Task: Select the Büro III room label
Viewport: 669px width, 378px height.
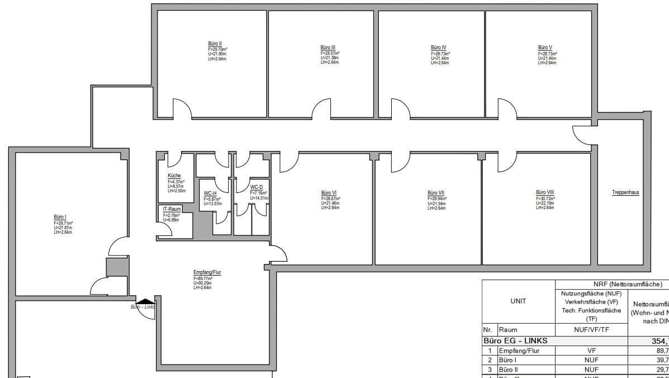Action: pyautogui.click(x=328, y=48)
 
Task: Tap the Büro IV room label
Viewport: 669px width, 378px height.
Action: pyautogui.click(x=438, y=48)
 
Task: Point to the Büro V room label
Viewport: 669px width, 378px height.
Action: pyautogui.click(x=545, y=48)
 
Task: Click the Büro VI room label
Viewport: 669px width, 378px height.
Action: pyautogui.click(x=329, y=192)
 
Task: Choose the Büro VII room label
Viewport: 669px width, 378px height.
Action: pyautogui.click(x=436, y=192)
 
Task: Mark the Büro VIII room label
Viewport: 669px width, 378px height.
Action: pyautogui.click(x=544, y=192)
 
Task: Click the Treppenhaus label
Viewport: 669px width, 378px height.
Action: pyautogui.click(x=625, y=192)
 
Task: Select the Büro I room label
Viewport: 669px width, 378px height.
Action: pyautogui.click(x=60, y=217)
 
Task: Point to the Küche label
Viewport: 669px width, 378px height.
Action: pyautogui.click(x=174, y=176)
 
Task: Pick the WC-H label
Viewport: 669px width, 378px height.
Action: pyautogui.click(x=210, y=193)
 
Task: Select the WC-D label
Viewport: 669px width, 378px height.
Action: pyautogui.click(x=257, y=187)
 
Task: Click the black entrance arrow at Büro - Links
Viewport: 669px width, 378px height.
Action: pyautogui.click(x=146, y=301)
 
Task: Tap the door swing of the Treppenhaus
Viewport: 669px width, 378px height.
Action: pyautogui.click(x=580, y=134)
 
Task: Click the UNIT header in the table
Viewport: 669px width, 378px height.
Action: pyautogui.click(x=518, y=301)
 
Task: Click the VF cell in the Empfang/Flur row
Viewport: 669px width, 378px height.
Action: pyautogui.click(x=591, y=350)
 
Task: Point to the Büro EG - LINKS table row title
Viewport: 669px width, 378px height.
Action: pyautogui.click(x=515, y=340)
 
